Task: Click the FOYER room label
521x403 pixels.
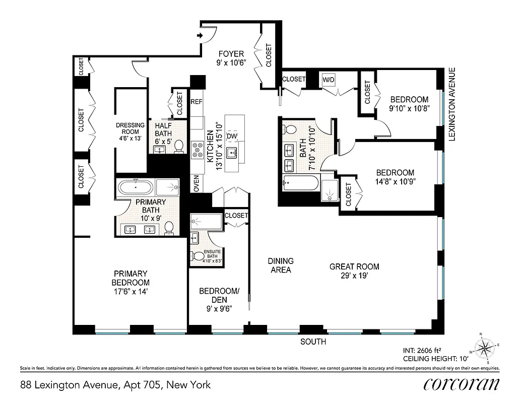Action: click(x=231, y=54)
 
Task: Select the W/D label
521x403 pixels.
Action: click(x=329, y=80)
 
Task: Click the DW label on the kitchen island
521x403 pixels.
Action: click(x=232, y=137)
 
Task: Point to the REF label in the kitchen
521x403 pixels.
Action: click(x=197, y=101)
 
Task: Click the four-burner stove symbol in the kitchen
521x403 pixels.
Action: click(x=197, y=148)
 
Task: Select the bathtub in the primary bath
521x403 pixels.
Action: click(x=135, y=187)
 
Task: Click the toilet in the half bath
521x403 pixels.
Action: click(x=178, y=146)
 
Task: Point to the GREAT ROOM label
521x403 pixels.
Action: click(x=354, y=266)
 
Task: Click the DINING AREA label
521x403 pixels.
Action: click(x=280, y=265)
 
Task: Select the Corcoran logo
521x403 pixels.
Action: click(x=461, y=384)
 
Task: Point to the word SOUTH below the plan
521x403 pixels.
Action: click(x=313, y=342)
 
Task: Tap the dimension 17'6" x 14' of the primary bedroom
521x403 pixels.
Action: click(x=131, y=291)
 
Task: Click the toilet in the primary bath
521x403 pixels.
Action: click(x=169, y=228)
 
